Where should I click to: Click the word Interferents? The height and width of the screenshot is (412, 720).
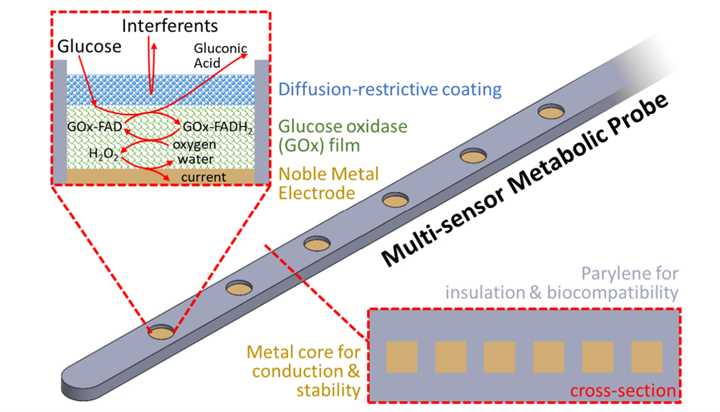(170, 26)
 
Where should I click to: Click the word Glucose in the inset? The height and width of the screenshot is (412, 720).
(90, 47)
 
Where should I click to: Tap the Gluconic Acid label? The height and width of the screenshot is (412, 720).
(220, 56)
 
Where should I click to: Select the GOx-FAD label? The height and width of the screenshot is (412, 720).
(95, 127)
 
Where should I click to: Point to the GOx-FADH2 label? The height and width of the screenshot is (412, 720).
(218, 128)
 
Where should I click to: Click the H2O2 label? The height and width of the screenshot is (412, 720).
(103, 154)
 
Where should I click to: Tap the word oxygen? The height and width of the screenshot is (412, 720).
(195, 145)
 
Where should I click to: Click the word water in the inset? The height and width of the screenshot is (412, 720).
(196, 159)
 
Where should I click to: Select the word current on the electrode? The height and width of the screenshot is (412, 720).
(203, 177)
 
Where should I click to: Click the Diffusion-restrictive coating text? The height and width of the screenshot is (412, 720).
(390, 89)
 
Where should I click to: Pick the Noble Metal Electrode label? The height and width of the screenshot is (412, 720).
(328, 183)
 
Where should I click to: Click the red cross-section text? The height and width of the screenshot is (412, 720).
(623, 391)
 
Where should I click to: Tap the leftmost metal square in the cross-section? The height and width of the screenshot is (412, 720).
(401, 357)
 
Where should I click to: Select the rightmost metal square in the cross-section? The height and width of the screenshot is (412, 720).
(647, 357)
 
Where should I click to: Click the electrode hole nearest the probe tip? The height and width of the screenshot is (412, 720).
(161, 332)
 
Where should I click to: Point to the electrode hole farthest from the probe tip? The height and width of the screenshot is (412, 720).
(551, 111)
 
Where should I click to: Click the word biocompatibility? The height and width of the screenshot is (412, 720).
(612, 292)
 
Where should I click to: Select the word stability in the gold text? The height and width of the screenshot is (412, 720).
(328, 390)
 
